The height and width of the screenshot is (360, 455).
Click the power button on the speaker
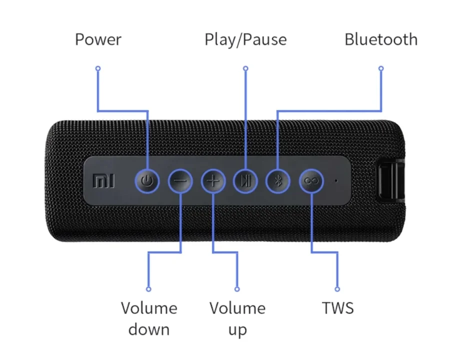(147, 181)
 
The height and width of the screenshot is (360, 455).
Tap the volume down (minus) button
(180, 181)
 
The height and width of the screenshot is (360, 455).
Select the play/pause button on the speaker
(245, 181)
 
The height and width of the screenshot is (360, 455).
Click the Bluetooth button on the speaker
(278, 181)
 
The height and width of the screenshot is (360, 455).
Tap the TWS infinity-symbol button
(311, 181)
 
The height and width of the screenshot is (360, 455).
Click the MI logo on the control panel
(103, 181)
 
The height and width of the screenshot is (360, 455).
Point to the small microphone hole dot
(336, 180)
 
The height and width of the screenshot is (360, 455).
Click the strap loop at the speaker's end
(390, 181)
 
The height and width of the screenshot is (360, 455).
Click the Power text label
(98, 39)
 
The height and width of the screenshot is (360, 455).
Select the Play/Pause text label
(245, 39)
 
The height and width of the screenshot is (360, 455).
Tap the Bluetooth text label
(381, 39)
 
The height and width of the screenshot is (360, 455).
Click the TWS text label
(338, 308)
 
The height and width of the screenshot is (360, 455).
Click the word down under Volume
(149, 329)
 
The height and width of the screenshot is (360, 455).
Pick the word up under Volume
(237, 330)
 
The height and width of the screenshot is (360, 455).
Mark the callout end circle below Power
(98, 68)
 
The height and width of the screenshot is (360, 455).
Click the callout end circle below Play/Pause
(246, 68)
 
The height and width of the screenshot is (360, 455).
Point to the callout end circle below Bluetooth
(381, 68)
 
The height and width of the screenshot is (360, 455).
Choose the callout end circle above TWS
(337, 289)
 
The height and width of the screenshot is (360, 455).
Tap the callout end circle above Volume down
(148, 289)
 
